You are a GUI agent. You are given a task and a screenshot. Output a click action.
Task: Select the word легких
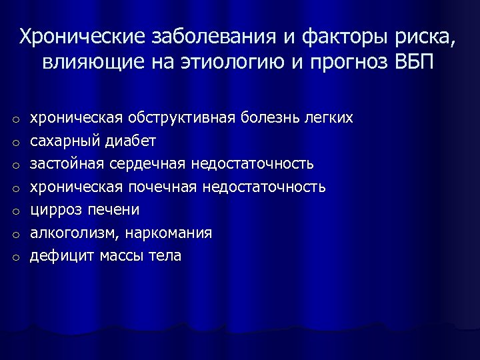327,118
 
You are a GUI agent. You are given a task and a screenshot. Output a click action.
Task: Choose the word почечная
159,187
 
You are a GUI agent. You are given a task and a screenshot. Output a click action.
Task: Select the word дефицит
60,256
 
